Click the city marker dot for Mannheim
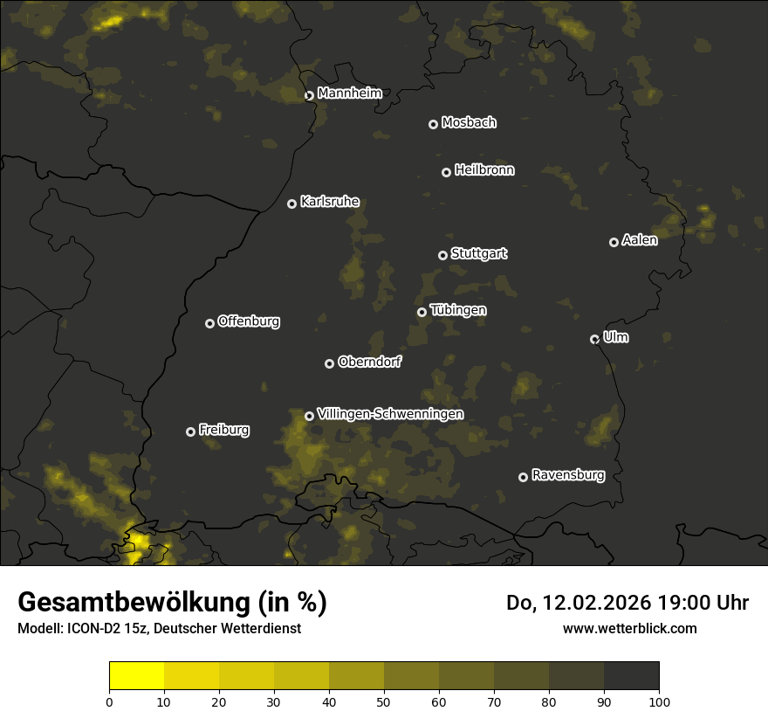coord(309,96)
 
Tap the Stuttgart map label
coord(478,254)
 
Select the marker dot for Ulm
coord(594,339)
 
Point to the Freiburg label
coord(223,430)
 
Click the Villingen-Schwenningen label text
coord(390,414)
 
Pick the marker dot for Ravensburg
coord(523,477)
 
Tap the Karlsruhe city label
coord(329,202)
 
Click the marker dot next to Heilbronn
coord(446,172)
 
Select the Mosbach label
coord(469,123)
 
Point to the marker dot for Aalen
coord(614,242)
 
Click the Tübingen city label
coord(458,310)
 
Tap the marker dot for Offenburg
coord(209,323)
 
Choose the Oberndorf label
coord(369,362)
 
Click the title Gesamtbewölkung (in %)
coord(172,603)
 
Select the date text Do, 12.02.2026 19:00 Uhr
coord(627,603)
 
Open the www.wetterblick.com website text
coord(629,628)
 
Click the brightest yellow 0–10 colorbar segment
coord(136,676)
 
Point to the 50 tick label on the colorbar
coord(384,701)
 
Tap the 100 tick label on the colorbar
coord(659,701)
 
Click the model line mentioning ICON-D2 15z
coord(159,629)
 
